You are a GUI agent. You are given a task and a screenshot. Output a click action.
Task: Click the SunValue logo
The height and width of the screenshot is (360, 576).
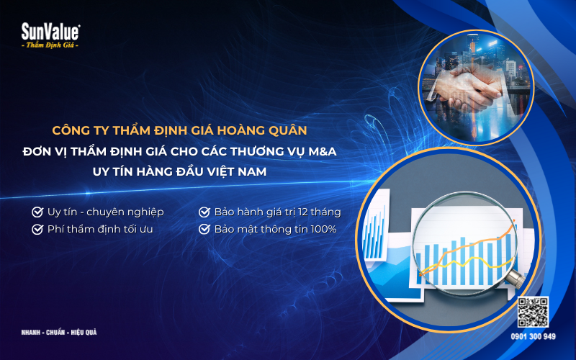pyautogui.click(x=50, y=31)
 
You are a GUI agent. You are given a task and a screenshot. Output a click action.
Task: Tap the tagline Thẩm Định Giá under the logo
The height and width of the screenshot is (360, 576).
pyautogui.click(x=50, y=45)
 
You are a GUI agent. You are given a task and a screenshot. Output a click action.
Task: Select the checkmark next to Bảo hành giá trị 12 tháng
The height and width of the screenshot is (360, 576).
pyautogui.click(x=204, y=212)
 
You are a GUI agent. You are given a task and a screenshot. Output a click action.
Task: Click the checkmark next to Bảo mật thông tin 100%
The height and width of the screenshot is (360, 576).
pyautogui.click(x=204, y=230)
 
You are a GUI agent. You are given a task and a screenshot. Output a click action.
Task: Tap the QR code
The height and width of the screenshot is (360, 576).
pyautogui.click(x=534, y=311)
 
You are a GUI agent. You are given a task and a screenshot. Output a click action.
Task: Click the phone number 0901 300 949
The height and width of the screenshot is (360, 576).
pyautogui.click(x=534, y=336)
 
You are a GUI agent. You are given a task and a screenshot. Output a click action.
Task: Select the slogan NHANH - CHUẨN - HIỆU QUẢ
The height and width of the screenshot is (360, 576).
pyautogui.click(x=59, y=333)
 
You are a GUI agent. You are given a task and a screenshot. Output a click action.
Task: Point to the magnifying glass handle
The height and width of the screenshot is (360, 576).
pyautogui.click(x=514, y=277)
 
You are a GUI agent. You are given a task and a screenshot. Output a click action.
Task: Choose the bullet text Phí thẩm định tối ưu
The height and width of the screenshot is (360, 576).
pyautogui.click(x=100, y=230)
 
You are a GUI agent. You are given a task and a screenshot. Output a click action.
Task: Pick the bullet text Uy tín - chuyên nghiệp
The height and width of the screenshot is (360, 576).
pyautogui.click(x=105, y=212)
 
